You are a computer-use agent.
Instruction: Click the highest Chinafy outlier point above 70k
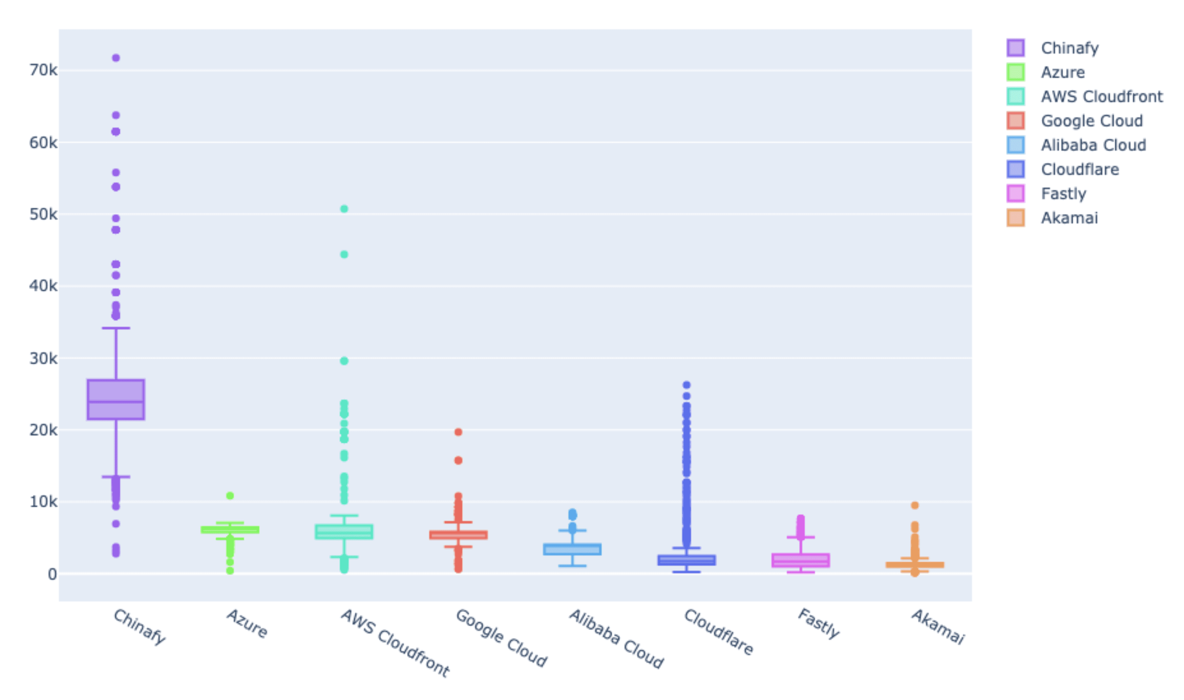pos(116,58)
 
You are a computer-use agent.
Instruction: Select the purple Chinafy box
pos(116,399)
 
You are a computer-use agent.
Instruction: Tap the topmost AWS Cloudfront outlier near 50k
pos(344,209)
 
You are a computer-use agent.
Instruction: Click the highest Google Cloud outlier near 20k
pos(458,432)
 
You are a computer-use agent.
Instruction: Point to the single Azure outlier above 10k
pos(230,495)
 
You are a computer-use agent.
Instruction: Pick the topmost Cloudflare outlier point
pos(686,385)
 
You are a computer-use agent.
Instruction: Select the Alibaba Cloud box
pos(572,549)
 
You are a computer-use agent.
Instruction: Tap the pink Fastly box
pos(800,560)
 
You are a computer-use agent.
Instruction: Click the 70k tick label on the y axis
pos(43,70)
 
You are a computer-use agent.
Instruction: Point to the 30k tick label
pos(43,359)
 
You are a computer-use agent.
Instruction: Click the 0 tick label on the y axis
pos(52,574)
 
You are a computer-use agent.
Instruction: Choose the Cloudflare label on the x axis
pos(718,632)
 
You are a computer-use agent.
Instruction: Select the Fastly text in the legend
pos(1063,194)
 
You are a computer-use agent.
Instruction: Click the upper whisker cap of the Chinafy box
pos(116,328)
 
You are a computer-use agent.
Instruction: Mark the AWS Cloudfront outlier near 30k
pos(344,361)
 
